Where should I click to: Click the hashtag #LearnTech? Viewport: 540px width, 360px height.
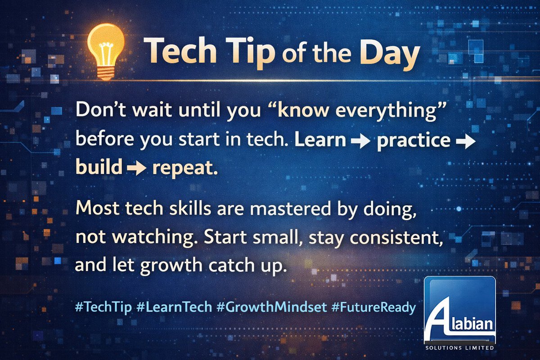coord(173,307)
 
